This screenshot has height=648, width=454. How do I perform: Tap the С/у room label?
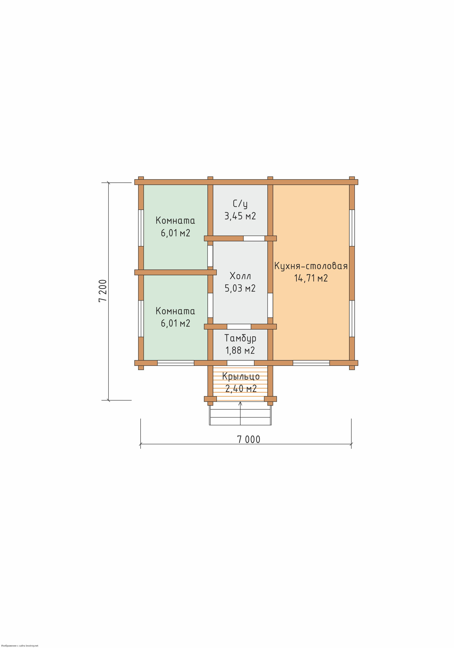coord(240,204)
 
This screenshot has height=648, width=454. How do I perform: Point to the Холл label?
coord(240,276)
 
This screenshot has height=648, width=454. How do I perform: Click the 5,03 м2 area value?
coord(240,288)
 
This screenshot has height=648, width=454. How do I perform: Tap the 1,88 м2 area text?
coord(240,350)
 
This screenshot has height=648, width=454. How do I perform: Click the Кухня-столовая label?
coord(311,266)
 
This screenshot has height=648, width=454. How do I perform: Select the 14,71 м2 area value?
coord(311,278)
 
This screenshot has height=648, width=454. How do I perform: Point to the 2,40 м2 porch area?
coord(241,389)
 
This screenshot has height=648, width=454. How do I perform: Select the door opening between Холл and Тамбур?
coord(239,327)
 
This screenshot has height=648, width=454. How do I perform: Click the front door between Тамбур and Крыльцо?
coord(241,363)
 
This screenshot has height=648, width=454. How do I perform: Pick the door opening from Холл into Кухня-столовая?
coord(270,305)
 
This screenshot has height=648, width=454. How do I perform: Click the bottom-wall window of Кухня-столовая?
coord(311,363)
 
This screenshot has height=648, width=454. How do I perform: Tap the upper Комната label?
coord(175,220)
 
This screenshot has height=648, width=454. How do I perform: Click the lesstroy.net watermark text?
coord(20,645)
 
